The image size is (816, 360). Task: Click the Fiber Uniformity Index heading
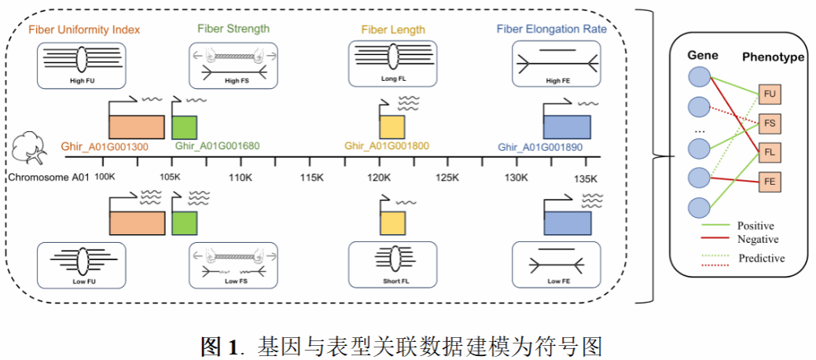[84, 30]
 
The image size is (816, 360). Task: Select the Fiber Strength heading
[233, 29]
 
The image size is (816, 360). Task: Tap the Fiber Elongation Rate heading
[551, 29]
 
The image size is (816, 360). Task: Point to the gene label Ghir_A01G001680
[218, 146]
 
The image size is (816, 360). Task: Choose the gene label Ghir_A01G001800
[386, 146]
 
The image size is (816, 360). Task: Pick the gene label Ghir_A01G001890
[546, 147]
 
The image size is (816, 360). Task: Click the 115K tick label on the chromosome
[312, 178]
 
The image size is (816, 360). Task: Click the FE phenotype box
[770, 182]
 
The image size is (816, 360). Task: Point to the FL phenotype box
[770, 153]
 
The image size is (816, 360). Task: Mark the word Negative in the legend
[758, 240]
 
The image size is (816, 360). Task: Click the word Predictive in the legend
[761, 258]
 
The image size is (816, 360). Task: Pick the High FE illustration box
[552, 64]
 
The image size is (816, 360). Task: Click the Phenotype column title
[774, 57]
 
